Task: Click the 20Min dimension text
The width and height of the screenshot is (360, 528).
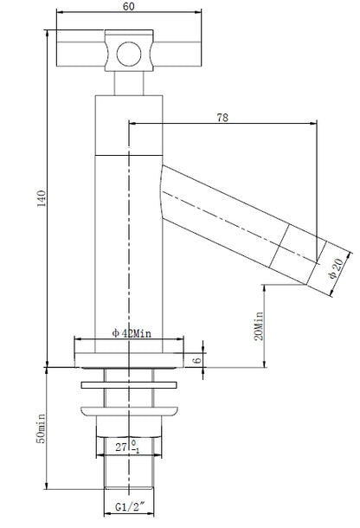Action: pyautogui.click(x=259, y=325)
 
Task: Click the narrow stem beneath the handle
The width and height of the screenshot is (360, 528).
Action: pyautogui.click(x=129, y=84)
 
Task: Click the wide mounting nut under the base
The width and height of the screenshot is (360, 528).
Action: pyautogui.click(x=129, y=409)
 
